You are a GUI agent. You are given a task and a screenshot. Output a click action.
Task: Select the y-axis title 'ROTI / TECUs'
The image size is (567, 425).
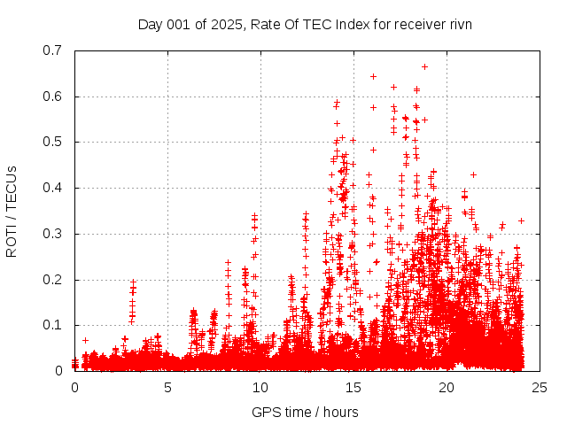[12, 211]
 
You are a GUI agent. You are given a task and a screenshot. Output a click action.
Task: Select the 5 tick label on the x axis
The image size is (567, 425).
[167, 387]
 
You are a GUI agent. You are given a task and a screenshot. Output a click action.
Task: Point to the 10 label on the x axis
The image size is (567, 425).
[260, 387]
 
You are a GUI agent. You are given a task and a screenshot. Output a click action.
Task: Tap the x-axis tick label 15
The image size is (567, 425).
[353, 387]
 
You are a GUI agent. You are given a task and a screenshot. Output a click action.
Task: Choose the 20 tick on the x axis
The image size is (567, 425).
[447, 387]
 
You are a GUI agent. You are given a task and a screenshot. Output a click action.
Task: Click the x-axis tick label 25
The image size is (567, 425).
[540, 387]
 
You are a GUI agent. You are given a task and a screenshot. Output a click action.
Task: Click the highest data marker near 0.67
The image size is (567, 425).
[424, 66]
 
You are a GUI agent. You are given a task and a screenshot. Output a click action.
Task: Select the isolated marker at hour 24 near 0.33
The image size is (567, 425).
[521, 220]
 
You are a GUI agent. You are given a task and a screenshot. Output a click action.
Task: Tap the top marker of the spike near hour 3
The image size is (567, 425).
[133, 282]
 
